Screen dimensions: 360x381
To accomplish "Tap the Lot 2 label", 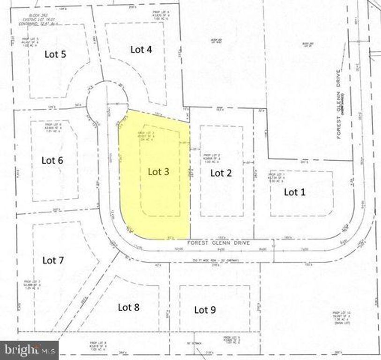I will click(221, 173).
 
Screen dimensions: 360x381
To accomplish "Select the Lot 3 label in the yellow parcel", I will click(158, 172).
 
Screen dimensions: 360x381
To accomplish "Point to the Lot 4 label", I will click(141, 50).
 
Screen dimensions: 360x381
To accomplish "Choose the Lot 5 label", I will click(55, 54).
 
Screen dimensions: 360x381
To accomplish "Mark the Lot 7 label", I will click(53, 260).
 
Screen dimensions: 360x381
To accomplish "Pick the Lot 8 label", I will click(128, 307).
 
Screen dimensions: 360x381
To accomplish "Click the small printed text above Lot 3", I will click(147, 136).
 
